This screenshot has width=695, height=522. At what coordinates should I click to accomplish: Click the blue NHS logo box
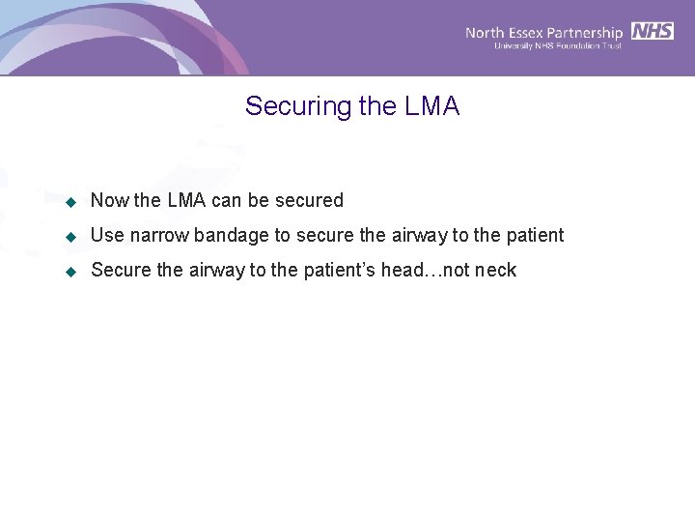coord(653,31)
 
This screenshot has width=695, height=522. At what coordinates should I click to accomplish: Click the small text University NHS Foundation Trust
coord(557,46)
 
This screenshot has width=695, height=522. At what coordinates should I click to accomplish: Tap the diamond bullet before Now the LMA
coord(70,202)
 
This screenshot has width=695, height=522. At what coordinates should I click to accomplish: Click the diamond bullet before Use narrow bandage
coord(70,237)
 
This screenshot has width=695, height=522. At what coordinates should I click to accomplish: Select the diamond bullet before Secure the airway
coord(70,272)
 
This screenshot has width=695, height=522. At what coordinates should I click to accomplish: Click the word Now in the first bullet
coord(109,201)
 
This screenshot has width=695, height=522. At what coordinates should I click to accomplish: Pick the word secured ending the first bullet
coord(309,201)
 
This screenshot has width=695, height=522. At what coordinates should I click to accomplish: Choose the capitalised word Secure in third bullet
coord(121,271)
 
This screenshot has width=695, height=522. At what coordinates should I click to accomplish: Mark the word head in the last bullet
coord(403,271)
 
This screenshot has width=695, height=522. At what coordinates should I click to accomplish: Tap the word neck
coord(495,271)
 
